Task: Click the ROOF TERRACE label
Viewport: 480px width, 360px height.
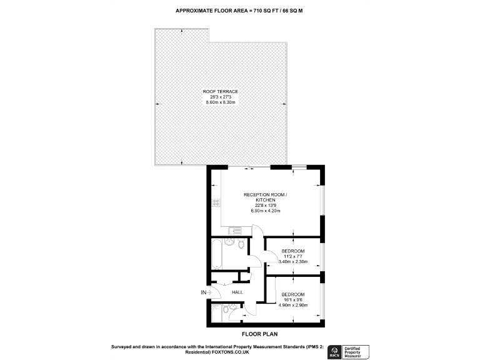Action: point(221,91)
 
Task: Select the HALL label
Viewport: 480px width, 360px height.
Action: point(237,292)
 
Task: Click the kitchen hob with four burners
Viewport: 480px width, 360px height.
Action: point(216,202)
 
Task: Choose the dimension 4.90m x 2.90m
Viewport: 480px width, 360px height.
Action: point(292,305)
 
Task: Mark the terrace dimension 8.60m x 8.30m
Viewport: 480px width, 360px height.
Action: point(221,102)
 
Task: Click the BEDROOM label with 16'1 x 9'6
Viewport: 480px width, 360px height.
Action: point(292,294)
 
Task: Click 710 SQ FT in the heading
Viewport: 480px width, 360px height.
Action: point(257,11)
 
